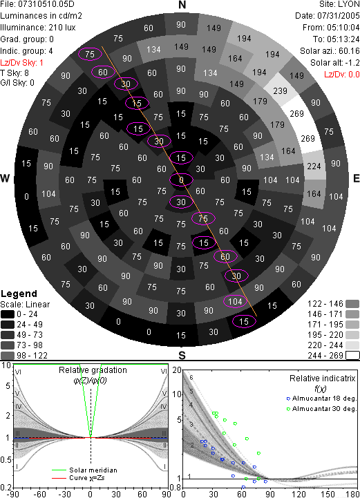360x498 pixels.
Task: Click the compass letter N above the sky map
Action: tap(182, 5)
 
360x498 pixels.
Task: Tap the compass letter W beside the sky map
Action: tap(5, 178)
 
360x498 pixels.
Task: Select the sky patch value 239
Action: tap(280, 91)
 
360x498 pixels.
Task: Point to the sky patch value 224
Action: tap(314, 166)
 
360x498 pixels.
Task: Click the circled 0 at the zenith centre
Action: tap(181, 180)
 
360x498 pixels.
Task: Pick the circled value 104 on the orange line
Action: tap(235, 301)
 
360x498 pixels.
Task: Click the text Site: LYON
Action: tap(339, 4)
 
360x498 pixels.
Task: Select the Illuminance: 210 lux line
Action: tap(38, 28)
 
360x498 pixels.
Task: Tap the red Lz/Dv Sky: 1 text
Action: tap(21, 63)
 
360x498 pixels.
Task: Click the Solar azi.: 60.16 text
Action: tap(330, 51)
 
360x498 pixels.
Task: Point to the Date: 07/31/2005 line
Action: tap(328, 16)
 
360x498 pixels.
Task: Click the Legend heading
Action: tap(19, 294)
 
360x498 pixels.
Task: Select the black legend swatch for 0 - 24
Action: tap(8, 314)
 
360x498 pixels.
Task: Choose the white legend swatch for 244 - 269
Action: tap(352, 355)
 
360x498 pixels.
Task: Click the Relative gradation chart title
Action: tap(93, 370)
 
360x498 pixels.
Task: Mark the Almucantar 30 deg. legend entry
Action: tap(321, 408)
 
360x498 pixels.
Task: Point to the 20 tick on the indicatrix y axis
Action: tap(177, 370)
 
